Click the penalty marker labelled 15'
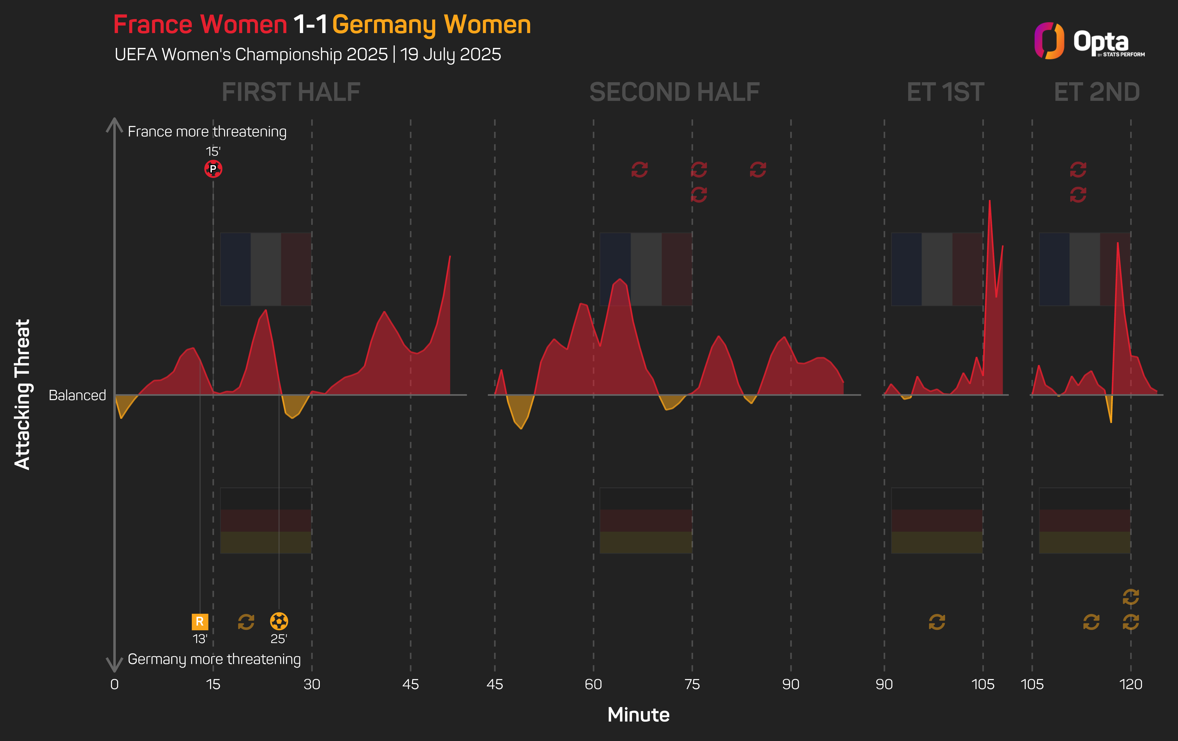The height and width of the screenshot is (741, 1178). click(213, 169)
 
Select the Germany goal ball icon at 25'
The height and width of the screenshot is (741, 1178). click(279, 621)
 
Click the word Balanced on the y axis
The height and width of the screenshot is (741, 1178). click(77, 395)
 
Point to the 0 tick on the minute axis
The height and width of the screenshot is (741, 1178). click(115, 684)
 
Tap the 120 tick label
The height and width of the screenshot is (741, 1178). click(1130, 684)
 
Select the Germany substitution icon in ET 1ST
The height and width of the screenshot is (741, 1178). click(936, 622)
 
